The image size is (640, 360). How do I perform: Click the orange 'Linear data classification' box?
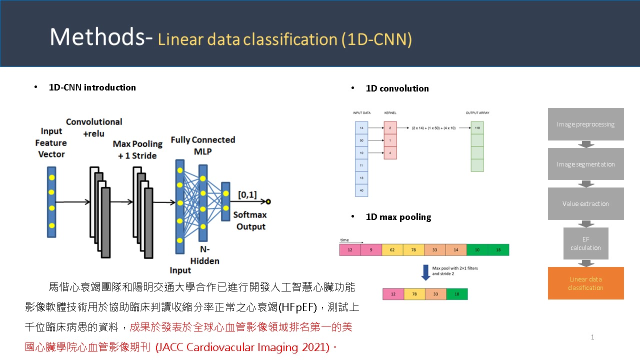[585, 283]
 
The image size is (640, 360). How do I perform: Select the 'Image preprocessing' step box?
[585, 124]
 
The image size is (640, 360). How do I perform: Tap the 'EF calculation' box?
[585, 243]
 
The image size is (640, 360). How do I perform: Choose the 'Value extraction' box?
[585, 203]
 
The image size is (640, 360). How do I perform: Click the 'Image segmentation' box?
[585, 164]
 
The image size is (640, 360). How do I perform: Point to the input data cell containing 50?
[361, 140]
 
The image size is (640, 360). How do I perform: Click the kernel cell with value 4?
[390, 152]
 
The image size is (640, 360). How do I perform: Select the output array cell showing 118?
[477, 128]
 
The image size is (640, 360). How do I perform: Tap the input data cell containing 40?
[361, 190]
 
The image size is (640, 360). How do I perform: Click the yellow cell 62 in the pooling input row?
[392, 250]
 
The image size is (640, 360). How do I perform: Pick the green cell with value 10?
[477, 250]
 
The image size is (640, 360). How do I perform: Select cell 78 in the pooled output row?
[414, 294]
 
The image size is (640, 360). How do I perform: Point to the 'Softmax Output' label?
[250, 220]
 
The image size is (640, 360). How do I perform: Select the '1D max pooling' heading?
[398, 217]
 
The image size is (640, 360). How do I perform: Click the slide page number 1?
[592, 337]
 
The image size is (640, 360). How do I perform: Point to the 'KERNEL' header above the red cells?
[390, 113]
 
